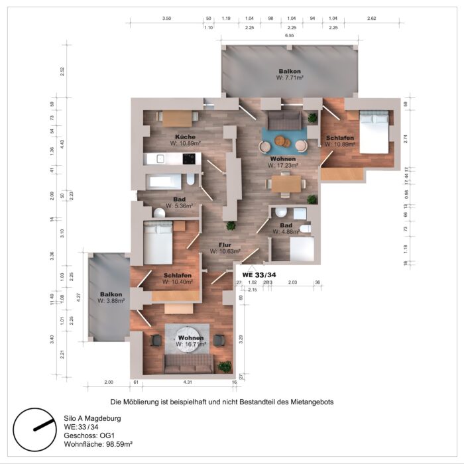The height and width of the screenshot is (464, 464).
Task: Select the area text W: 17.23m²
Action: (283, 165)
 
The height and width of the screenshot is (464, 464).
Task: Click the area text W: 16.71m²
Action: (191, 345)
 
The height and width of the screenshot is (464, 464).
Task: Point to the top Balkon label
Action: (290, 71)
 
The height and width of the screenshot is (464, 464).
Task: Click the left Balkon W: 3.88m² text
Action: (112, 301)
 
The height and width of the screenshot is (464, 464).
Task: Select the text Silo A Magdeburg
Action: (92, 419)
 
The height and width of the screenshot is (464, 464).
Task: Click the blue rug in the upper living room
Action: (284, 141)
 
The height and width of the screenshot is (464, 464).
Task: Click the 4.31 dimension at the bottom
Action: (188, 382)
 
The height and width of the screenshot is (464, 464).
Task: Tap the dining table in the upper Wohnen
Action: (285, 183)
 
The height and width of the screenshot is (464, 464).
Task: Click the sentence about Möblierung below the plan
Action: (221, 402)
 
